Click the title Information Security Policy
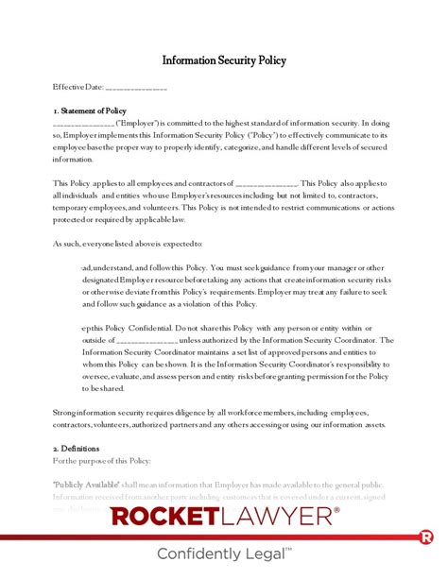(224, 60)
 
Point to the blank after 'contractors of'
(266, 183)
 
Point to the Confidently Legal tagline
(224, 555)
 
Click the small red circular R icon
(426, 536)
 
